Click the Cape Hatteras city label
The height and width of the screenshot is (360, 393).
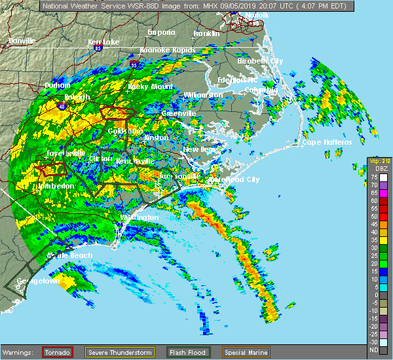(327, 142)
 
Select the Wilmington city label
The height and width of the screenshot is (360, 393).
(139, 217)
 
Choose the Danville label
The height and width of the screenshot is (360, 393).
(22, 41)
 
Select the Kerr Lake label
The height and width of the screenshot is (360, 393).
(103, 42)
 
